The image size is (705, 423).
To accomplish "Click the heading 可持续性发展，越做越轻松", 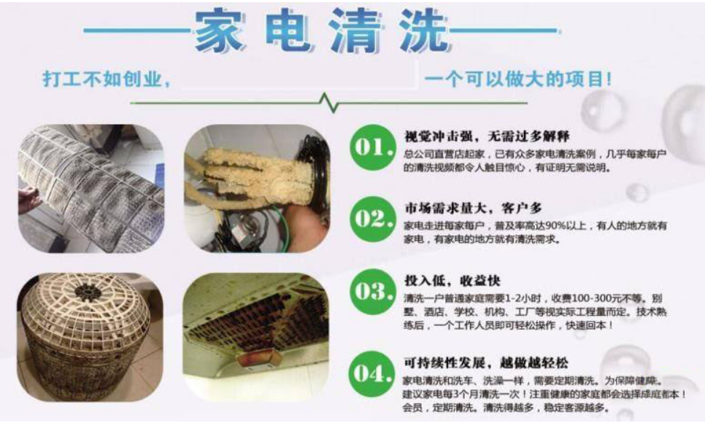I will pyautogui.click(x=485, y=363).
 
